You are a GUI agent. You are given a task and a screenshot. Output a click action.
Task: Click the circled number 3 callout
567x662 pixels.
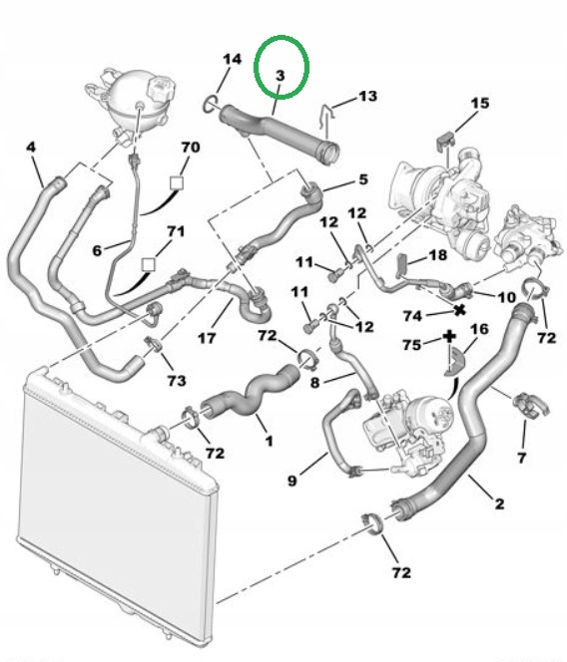click(x=281, y=76)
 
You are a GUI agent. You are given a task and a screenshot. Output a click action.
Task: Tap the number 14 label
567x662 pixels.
click(x=233, y=59)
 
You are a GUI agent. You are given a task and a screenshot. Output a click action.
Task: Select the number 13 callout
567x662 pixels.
click(x=367, y=96)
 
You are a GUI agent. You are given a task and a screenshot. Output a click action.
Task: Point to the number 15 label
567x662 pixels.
click(x=480, y=103)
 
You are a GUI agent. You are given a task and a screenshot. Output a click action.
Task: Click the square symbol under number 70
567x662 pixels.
click(x=177, y=183)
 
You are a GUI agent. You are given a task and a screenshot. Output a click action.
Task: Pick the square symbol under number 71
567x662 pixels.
click(x=148, y=265)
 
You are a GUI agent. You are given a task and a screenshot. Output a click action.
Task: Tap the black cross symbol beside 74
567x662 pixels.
click(x=459, y=310)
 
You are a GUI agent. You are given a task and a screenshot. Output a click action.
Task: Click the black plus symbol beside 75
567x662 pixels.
click(x=449, y=337)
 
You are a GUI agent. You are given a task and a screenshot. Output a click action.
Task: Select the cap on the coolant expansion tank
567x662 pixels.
click(x=159, y=89)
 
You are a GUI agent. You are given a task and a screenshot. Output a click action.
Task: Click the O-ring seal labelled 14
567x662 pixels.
click(x=211, y=105)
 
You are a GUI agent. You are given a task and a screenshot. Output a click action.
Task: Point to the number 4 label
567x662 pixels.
click(x=31, y=147)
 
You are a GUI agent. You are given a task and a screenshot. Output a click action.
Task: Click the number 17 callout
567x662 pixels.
click(x=207, y=338)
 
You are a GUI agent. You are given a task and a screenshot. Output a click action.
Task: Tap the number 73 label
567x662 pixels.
click(x=177, y=381)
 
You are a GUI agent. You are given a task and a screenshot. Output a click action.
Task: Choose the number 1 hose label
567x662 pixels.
click(x=269, y=441)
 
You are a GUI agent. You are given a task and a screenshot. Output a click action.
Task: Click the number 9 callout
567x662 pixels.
click(x=291, y=481)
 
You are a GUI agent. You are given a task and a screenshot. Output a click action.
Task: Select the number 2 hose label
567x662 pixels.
click(x=499, y=503)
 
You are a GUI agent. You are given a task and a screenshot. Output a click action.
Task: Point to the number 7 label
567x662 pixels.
click(x=521, y=458)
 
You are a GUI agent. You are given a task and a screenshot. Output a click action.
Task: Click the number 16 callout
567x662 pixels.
click(x=479, y=329)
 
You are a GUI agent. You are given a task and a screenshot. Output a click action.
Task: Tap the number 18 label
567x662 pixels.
click(x=437, y=255)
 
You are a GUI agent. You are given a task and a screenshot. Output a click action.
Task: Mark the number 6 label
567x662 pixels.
click(x=97, y=251)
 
